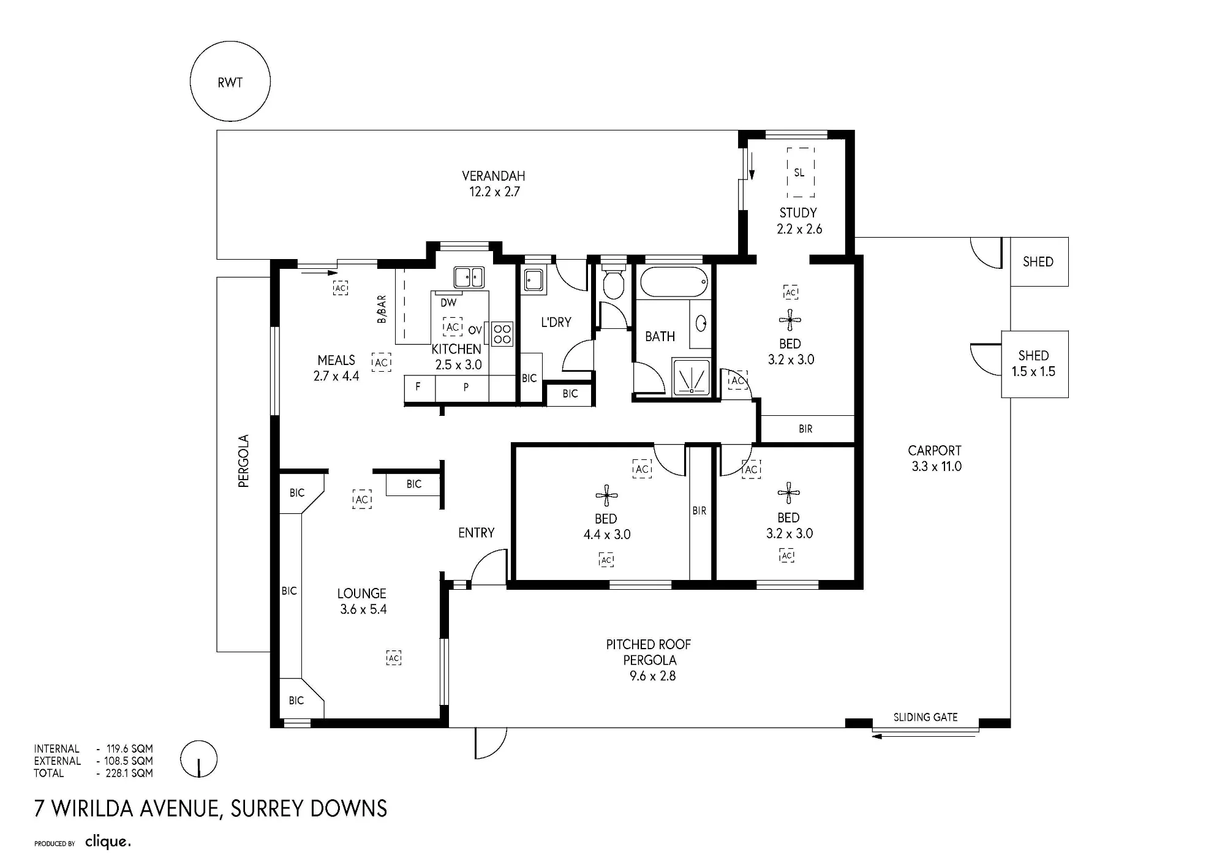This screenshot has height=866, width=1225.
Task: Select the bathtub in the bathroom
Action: point(674,282)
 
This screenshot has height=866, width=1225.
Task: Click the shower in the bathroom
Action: point(692,377)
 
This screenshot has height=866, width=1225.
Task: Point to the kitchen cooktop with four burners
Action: point(502,334)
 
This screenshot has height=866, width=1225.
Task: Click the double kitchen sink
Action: point(469,277)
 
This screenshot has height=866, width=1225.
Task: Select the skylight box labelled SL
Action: point(801,172)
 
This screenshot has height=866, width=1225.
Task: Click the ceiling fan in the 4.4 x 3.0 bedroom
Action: point(606,495)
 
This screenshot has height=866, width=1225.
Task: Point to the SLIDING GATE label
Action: point(925,717)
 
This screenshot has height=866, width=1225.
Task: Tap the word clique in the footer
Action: point(108,842)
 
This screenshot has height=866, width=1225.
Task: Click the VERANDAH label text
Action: point(494,176)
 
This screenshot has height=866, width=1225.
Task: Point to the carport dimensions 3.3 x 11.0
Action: point(937,467)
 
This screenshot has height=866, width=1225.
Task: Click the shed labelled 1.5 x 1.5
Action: point(1035,364)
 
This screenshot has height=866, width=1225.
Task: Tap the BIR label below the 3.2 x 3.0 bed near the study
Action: point(805,429)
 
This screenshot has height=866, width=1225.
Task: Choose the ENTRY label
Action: point(476,533)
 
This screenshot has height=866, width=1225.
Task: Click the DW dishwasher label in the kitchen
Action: point(448,303)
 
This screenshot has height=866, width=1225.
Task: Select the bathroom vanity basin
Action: point(701,323)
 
